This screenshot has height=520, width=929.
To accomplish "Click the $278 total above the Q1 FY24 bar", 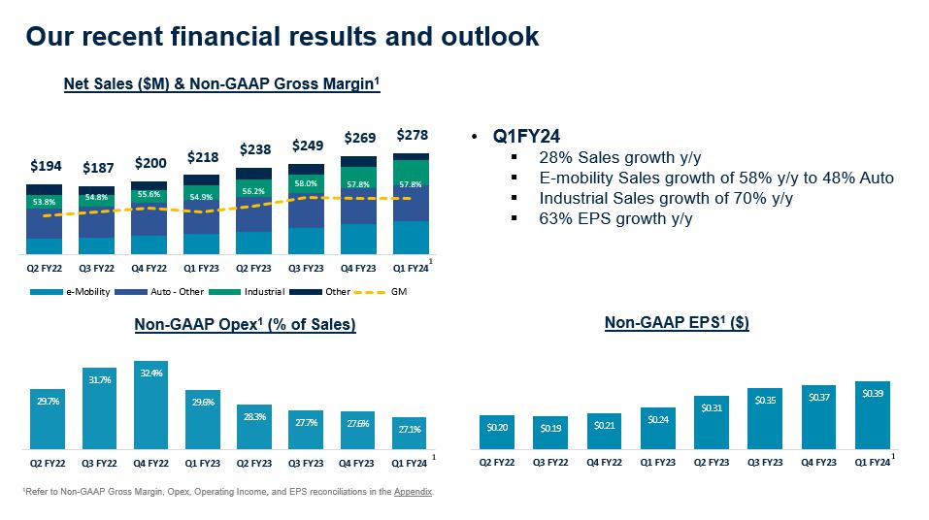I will [413, 135].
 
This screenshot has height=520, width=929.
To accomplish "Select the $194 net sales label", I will [45, 167].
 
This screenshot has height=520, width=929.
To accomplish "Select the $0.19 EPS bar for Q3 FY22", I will [550, 433].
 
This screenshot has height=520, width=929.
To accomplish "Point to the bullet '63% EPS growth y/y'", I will [614, 218].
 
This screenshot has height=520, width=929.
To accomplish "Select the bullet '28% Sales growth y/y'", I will [621, 157].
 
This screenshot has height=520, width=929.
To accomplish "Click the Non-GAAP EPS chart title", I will [676, 323].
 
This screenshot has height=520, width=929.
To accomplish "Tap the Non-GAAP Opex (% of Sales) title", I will [245, 325].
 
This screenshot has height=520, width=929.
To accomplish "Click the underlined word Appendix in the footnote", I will [414, 492].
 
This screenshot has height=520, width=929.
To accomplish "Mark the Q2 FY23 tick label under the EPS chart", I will [712, 462].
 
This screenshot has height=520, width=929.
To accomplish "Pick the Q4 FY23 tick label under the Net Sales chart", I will [359, 268].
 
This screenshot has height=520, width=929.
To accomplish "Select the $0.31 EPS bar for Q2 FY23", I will [712, 423].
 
